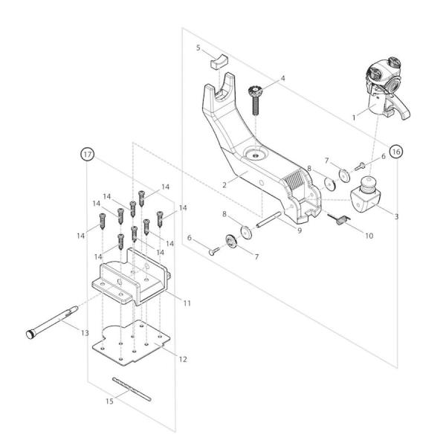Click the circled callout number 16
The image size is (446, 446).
396,151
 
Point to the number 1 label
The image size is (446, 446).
354,116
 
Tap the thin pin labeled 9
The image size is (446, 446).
270,222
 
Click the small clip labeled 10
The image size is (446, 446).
340,219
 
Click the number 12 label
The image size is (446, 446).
183,359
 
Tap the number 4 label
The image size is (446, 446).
282,78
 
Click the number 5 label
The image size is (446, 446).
198,48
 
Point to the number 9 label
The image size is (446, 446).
298,230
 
